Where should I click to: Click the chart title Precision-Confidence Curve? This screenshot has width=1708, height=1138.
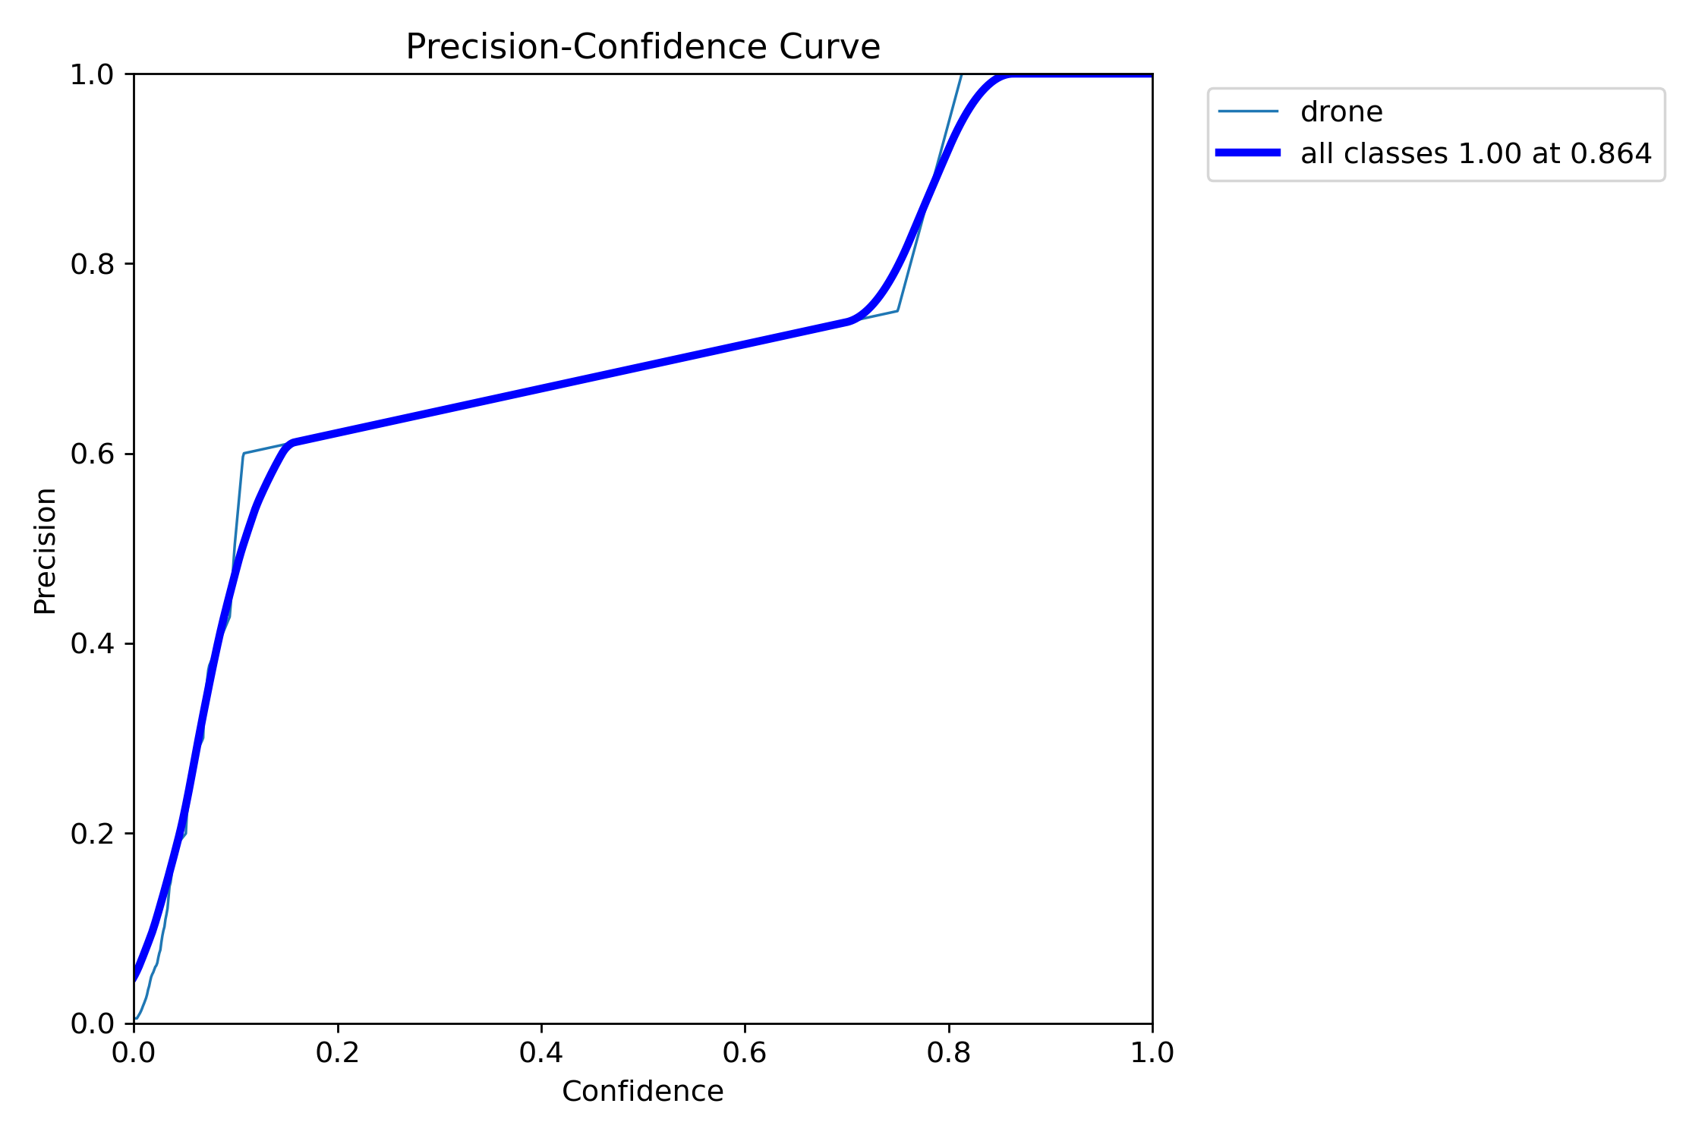pyautogui.click(x=642, y=47)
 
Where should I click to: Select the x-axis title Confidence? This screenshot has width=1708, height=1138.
pyautogui.click(x=642, y=1091)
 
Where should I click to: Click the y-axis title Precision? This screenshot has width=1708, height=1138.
pyautogui.click(x=46, y=551)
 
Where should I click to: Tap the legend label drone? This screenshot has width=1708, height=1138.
pyautogui.click(x=1341, y=112)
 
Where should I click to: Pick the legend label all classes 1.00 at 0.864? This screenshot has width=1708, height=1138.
pyautogui.click(x=1476, y=153)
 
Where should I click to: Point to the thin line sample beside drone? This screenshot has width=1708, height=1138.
pyautogui.click(x=1248, y=112)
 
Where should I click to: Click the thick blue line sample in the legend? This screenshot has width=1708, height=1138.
pyautogui.click(x=1248, y=152)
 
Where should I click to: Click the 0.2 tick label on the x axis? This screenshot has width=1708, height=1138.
pyautogui.click(x=337, y=1052)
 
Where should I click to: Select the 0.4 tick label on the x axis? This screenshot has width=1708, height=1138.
pyautogui.click(x=541, y=1052)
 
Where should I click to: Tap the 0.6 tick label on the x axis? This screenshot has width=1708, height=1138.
pyautogui.click(x=745, y=1052)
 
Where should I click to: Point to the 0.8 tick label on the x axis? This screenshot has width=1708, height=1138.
pyautogui.click(x=948, y=1052)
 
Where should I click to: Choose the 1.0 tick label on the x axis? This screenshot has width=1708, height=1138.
pyautogui.click(x=1152, y=1052)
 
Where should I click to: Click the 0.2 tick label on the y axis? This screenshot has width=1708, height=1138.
pyautogui.click(x=92, y=834)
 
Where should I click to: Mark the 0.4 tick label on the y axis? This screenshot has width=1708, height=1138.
pyautogui.click(x=92, y=644)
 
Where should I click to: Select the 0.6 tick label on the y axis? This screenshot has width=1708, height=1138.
pyautogui.click(x=92, y=454)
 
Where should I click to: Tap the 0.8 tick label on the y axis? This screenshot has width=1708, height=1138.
pyautogui.click(x=92, y=264)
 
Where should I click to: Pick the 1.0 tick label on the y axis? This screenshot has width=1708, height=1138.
pyautogui.click(x=92, y=74)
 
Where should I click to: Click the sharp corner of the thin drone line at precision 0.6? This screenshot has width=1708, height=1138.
pyautogui.click(x=243, y=454)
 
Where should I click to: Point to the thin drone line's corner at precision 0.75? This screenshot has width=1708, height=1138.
pyautogui.click(x=898, y=311)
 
